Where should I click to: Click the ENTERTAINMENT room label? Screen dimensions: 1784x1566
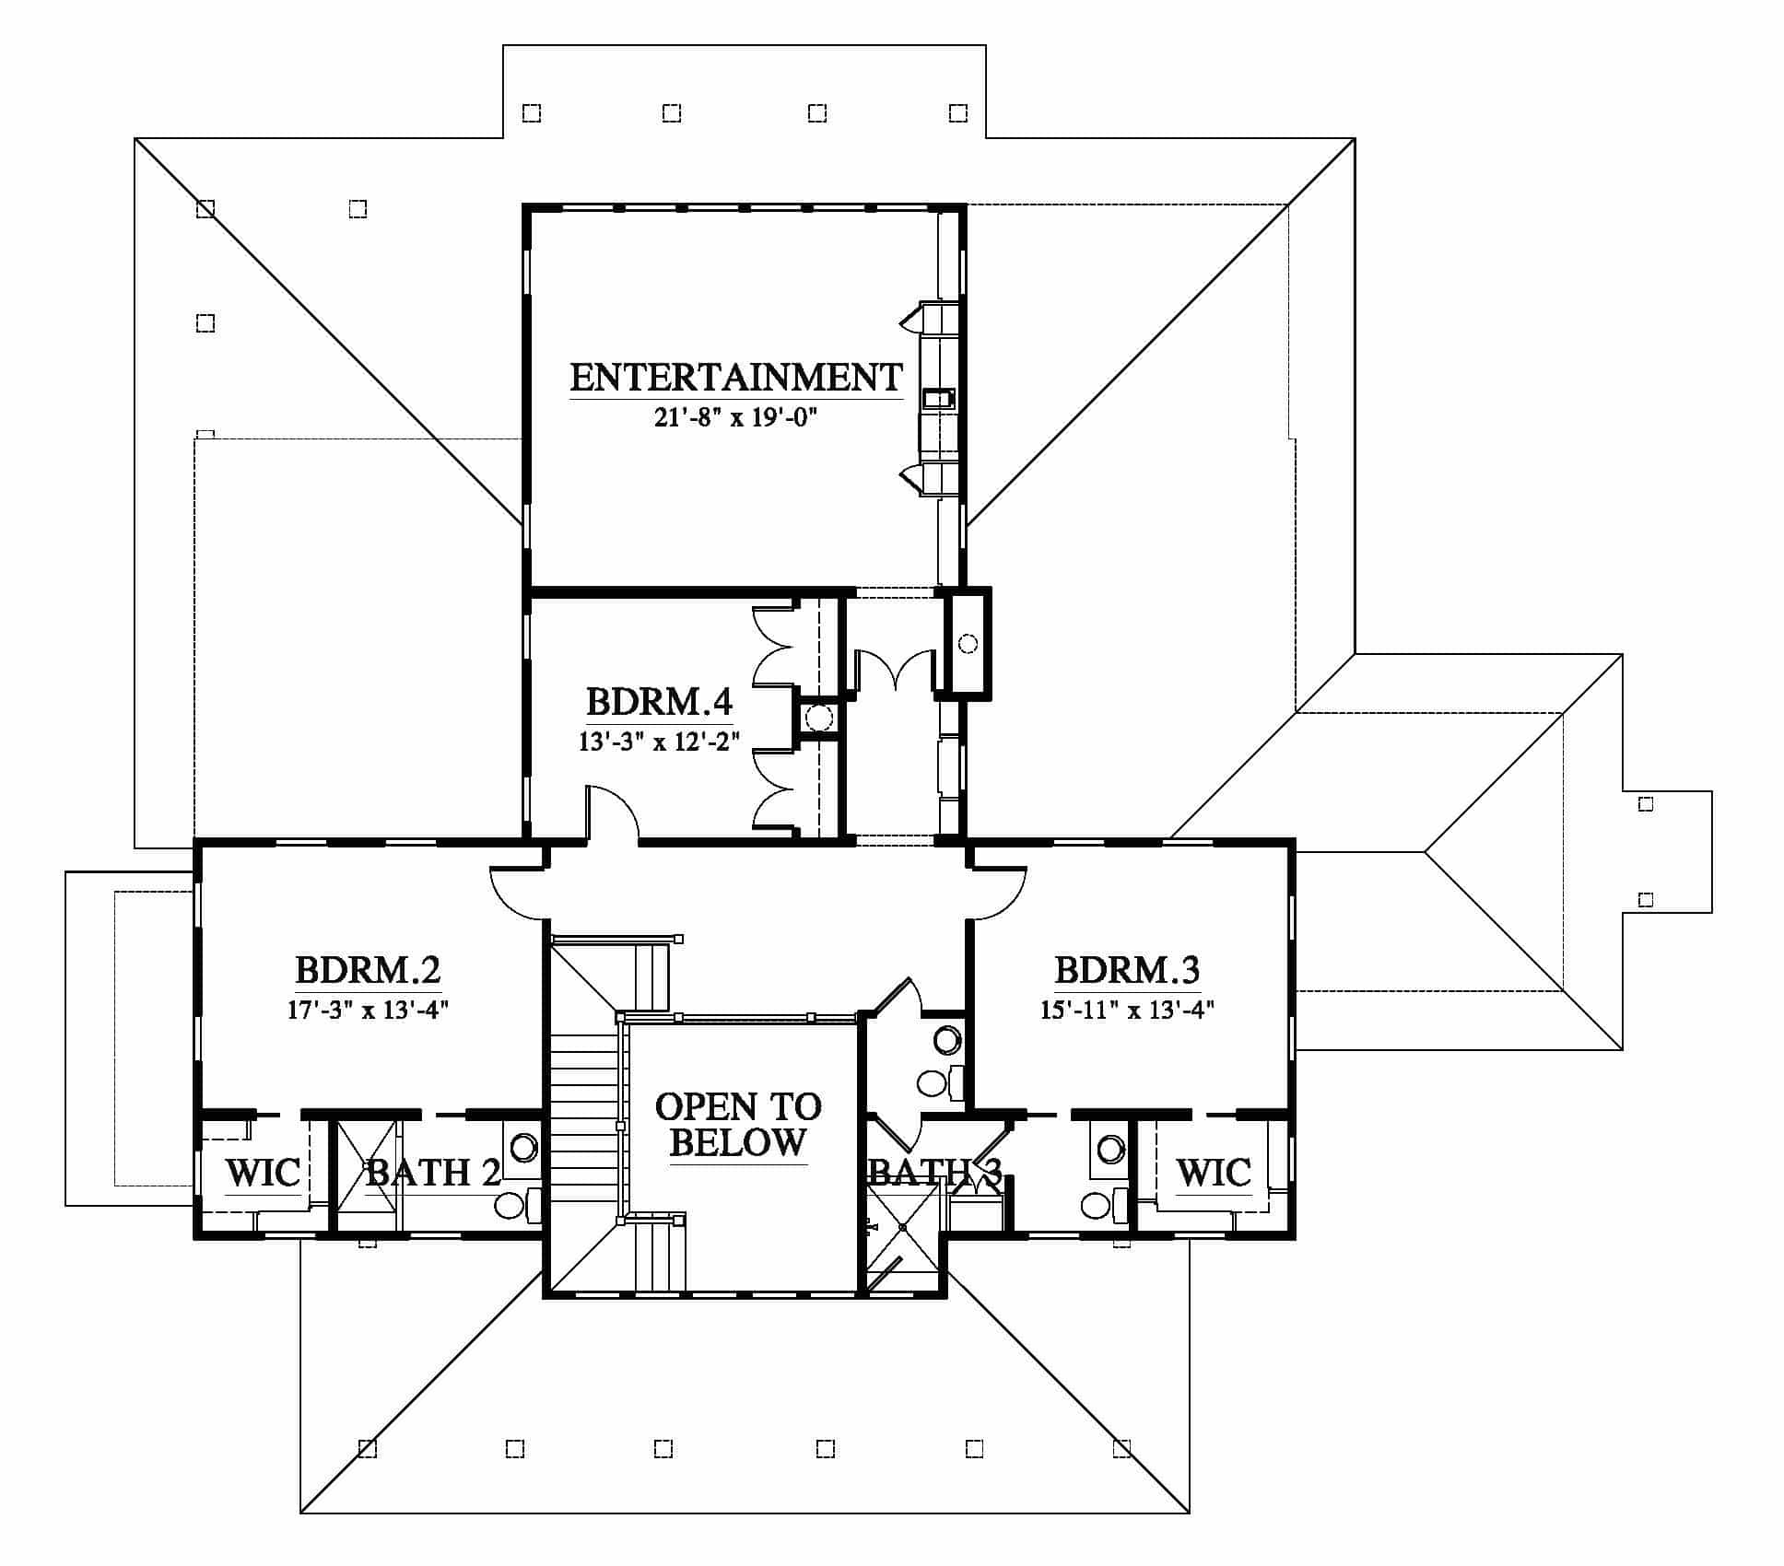[x=735, y=378]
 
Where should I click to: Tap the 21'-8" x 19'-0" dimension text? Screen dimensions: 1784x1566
[x=736, y=418]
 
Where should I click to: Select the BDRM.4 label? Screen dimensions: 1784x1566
[x=659, y=702]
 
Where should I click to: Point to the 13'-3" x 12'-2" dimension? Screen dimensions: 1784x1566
[x=659, y=742]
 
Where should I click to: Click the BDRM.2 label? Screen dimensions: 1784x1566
[x=368, y=970]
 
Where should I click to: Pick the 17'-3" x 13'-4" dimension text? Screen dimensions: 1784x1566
[x=368, y=1010]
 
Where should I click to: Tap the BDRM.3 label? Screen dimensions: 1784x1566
[x=1127, y=970]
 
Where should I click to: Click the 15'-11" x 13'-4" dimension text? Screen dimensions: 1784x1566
[x=1127, y=1010]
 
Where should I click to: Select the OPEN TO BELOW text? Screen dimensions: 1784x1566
[x=738, y=1125]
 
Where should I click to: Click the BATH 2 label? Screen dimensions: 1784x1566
[x=433, y=1173]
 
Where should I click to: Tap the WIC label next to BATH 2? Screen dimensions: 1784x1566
[x=263, y=1174]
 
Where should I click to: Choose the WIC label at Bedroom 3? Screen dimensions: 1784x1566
[x=1214, y=1174]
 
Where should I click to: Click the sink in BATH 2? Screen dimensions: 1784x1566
[x=523, y=1148]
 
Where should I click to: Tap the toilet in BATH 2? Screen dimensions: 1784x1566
[x=517, y=1205]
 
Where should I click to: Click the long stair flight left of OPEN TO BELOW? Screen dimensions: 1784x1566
[x=583, y=1124]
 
